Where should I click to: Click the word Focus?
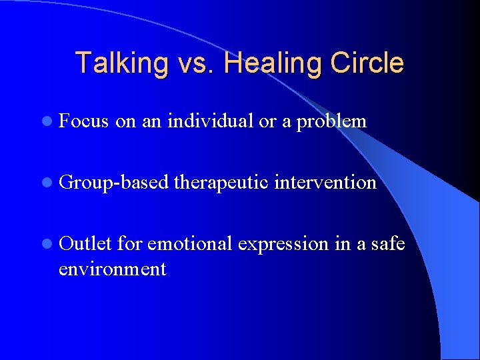coord(83,121)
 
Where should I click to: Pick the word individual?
coord(211,121)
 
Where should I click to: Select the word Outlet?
coord(84,244)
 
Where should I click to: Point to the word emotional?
coord(189,244)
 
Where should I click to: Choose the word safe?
coord(389,244)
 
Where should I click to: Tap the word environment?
coord(112,269)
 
